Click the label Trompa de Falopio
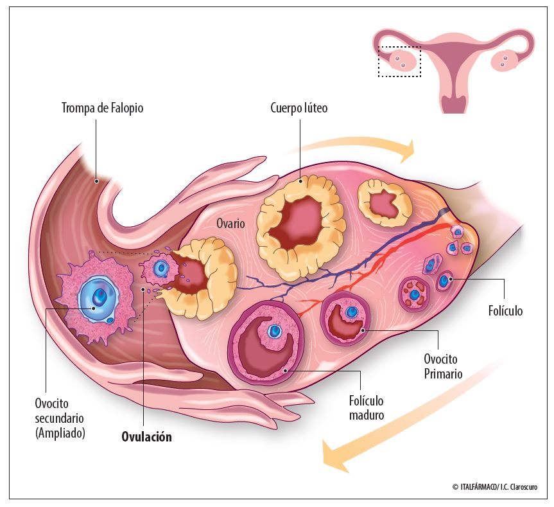[x=102, y=108]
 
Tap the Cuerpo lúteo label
[x=299, y=108]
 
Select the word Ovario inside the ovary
[x=230, y=224]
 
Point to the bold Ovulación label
[x=147, y=437]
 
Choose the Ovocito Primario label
[x=443, y=366]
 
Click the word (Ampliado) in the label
[x=60, y=433]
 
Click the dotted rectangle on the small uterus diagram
[x=399, y=62]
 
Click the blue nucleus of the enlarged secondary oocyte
[x=100, y=297]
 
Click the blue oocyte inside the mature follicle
[x=275, y=332]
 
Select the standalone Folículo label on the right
[x=506, y=312]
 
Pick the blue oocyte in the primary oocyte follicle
[x=351, y=312]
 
